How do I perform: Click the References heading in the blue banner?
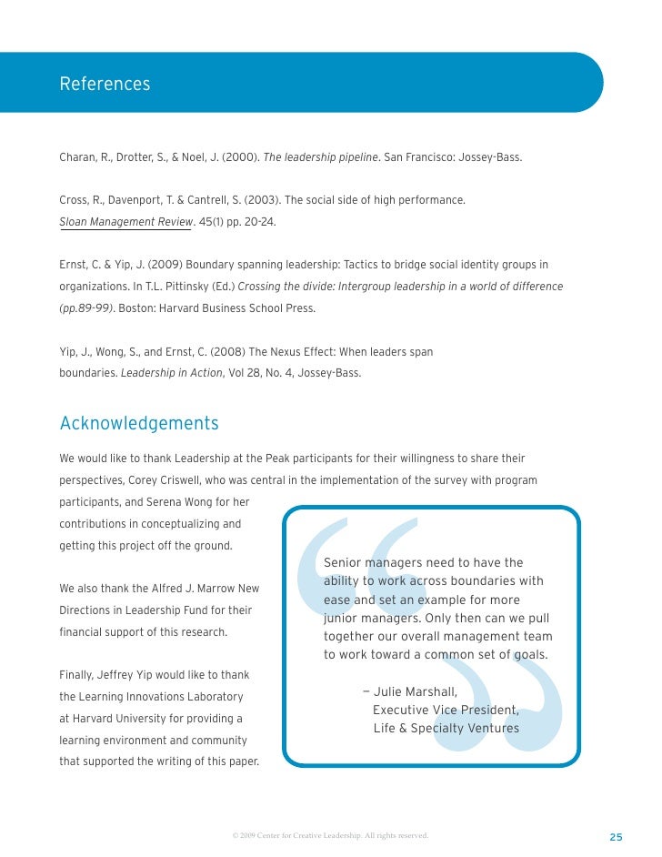(x=105, y=85)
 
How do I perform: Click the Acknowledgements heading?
(x=139, y=424)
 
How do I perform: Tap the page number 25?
(x=616, y=837)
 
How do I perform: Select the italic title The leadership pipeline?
(x=320, y=157)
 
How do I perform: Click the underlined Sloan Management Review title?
(x=126, y=222)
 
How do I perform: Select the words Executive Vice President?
(x=446, y=710)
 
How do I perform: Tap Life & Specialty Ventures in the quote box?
(x=446, y=728)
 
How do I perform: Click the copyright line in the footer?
(x=329, y=834)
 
